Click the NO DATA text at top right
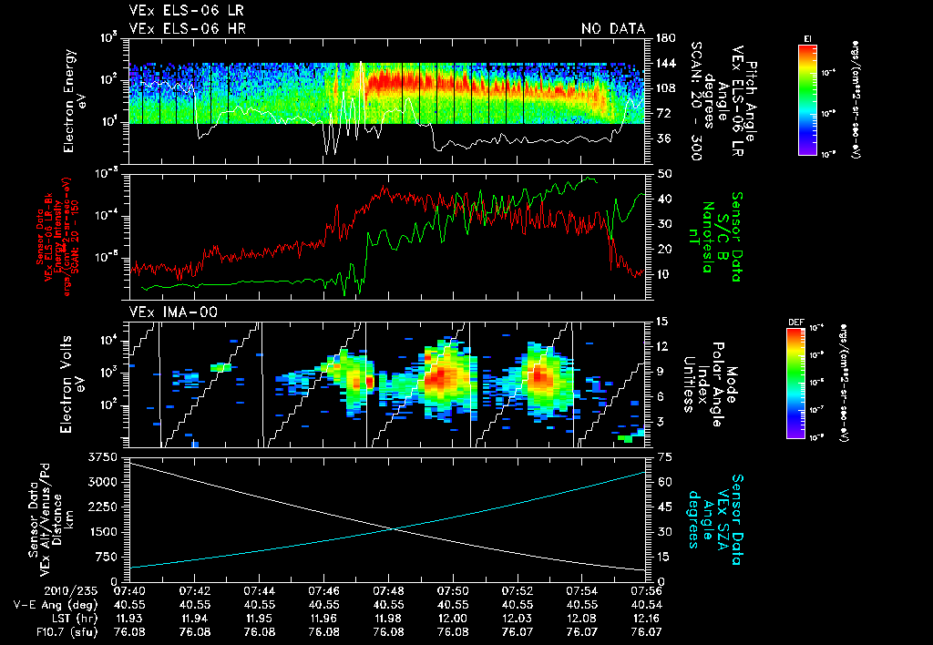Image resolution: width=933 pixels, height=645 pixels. click(612, 29)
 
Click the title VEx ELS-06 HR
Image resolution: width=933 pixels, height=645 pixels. click(187, 29)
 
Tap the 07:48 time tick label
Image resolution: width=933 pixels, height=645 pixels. click(389, 589)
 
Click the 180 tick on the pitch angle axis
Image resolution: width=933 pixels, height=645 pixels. click(663, 38)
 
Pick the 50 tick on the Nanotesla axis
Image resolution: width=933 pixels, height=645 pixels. click(661, 173)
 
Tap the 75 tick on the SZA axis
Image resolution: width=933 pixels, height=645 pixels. click(661, 456)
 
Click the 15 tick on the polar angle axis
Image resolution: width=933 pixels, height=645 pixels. click(661, 322)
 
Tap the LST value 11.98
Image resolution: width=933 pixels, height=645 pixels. click(389, 618)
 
